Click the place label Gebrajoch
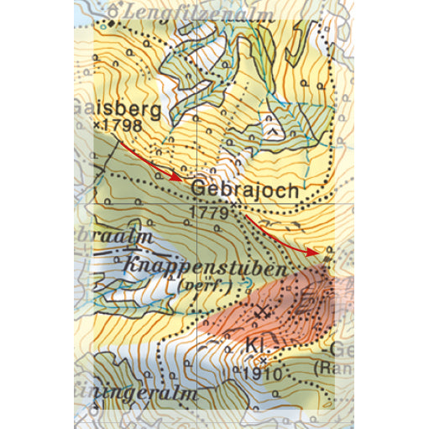click(244, 191)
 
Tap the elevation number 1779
click(211, 212)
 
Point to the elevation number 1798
click(123, 125)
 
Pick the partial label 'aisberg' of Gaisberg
click(109, 108)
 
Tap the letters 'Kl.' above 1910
click(254, 346)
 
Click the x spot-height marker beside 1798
click(97, 125)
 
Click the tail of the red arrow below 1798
click(121, 144)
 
